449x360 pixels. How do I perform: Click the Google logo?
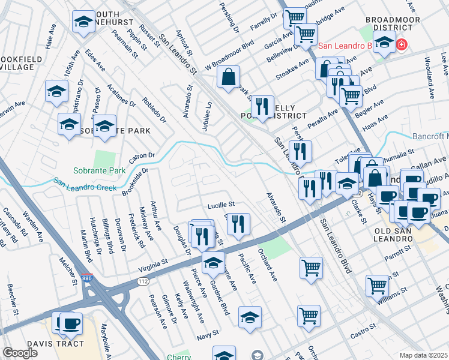point(20,353)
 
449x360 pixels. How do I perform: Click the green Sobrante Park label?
point(100,170)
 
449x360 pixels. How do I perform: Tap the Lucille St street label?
point(220,205)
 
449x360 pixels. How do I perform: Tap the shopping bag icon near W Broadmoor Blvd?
point(228,77)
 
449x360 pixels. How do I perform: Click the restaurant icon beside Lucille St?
point(239,224)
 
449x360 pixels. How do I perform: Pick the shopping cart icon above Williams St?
point(377,285)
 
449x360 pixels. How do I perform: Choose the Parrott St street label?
point(397,256)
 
